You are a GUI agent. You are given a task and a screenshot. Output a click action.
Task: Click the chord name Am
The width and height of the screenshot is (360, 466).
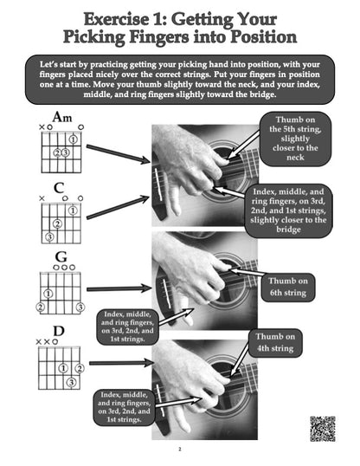[61, 117]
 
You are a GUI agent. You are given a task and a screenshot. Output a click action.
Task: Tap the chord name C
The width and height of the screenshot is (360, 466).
[59, 186]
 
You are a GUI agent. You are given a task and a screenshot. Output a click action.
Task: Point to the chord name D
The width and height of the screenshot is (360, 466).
[59, 329]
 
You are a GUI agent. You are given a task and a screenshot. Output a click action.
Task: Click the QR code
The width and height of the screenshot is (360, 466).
[322, 428]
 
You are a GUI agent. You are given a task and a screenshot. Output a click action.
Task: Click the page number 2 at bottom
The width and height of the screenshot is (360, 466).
[179, 450]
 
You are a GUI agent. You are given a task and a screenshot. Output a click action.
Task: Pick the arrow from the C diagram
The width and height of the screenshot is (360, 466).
[118, 206]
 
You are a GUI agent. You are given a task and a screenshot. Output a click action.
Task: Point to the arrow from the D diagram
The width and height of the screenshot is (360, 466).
[121, 363]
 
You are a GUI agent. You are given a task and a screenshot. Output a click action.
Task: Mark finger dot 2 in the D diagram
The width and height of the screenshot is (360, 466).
[80, 367]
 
